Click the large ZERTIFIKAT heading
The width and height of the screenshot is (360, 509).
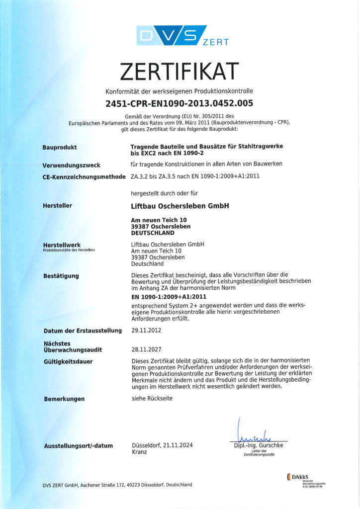(179, 72)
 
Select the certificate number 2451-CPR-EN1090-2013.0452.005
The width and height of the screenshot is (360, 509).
(179, 103)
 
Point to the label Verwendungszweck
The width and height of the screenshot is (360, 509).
(72, 165)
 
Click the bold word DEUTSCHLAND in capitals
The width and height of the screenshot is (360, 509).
(152, 233)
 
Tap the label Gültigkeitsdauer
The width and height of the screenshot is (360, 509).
(68, 361)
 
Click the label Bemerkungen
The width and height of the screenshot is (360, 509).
(64, 399)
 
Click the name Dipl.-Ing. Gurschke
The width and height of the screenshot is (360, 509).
(258, 445)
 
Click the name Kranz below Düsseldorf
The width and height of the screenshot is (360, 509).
(140, 453)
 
